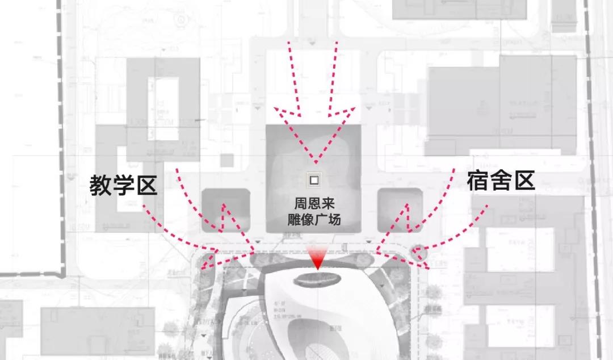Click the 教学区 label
point(123,185)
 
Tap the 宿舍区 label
point(501,181)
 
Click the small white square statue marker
point(313,180)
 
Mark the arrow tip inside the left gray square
point(225,204)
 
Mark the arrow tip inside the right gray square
point(404,204)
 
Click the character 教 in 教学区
point(100,185)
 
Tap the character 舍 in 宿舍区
point(501,181)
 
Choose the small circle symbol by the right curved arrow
point(419,250)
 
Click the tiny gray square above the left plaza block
point(227,161)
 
